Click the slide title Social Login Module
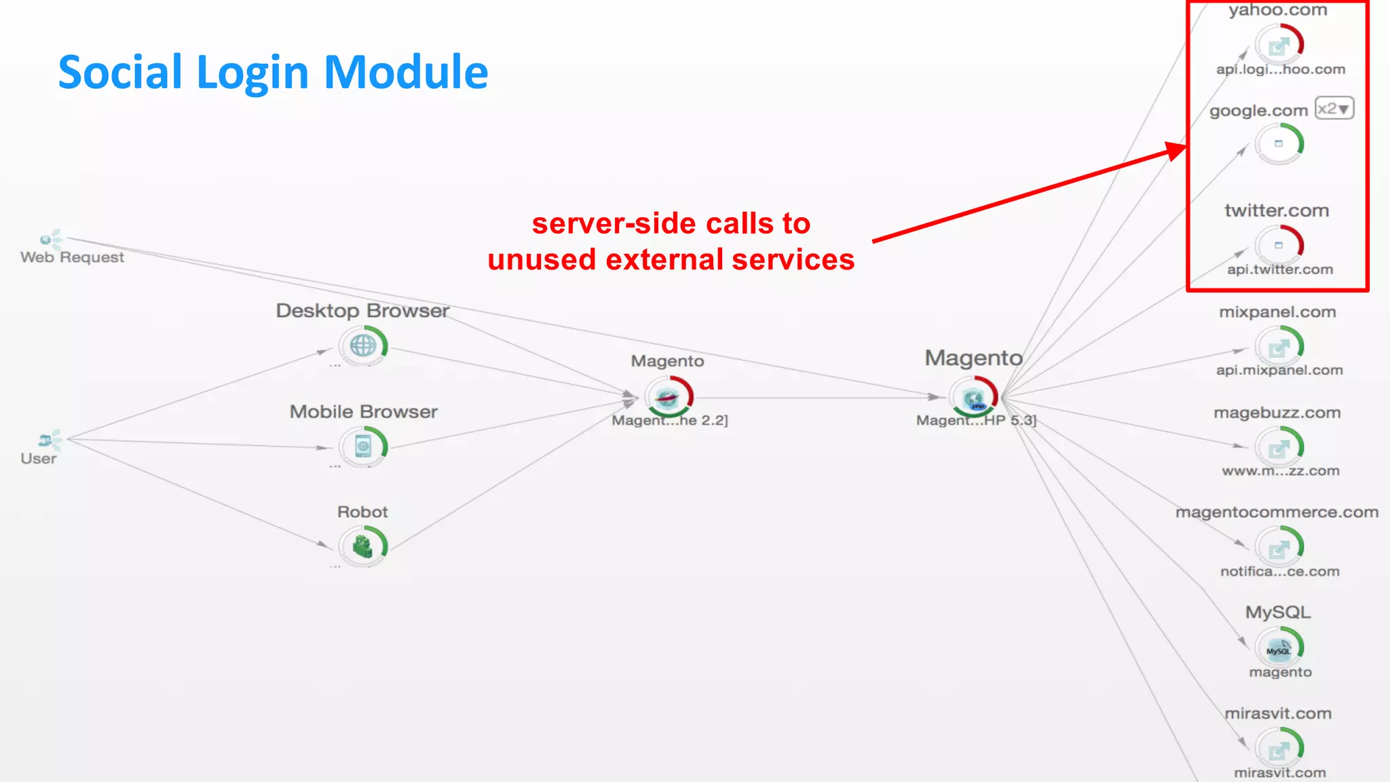273,72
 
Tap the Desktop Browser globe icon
363,346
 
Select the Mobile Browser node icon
363,446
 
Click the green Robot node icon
363,546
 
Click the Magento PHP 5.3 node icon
974,398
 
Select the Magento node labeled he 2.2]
668,398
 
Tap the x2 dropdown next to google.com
1334,109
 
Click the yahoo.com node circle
1279,45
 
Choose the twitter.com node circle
1279,245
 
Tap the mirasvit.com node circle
1279,749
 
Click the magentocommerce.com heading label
1277,513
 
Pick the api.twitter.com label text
1279,269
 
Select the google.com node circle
1279,144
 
